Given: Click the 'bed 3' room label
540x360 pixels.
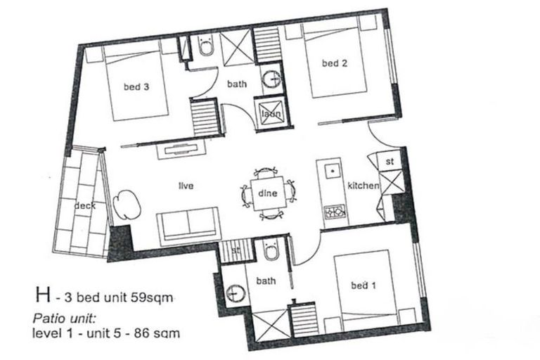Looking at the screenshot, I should point(136,87).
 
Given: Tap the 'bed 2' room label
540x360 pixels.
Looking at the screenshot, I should point(335,63).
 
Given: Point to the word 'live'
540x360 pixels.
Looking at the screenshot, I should point(186,186).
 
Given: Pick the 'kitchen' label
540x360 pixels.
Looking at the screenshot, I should point(364,186).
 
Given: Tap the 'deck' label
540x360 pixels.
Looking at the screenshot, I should point(84,206).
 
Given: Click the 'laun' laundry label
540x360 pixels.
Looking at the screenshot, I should point(271,115).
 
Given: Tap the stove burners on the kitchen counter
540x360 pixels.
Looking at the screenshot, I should point(334,210).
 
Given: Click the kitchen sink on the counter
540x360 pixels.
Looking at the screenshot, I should point(330,171).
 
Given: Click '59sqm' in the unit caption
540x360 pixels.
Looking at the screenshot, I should point(150,298).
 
